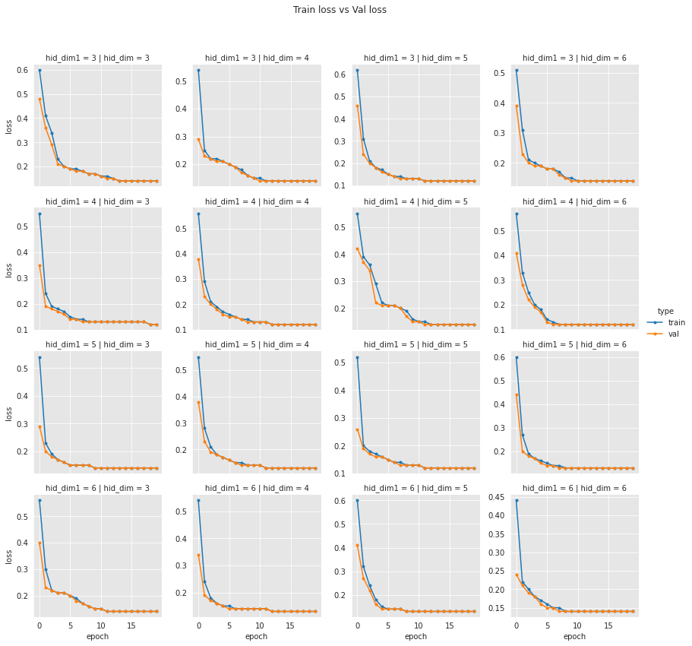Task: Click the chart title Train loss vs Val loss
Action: pyautogui.click(x=340, y=10)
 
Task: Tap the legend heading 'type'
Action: pyautogui.click(x=665, y=311)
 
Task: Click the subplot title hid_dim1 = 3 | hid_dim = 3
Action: pyautogui.click(x=97, y=58)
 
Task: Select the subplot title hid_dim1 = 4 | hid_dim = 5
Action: pyautogui.click(x=416, y=201)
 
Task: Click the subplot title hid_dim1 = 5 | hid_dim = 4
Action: pyautogui.click(x=257, y=345)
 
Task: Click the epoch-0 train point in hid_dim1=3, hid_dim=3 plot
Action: pyautogui.click(x=39, y=70)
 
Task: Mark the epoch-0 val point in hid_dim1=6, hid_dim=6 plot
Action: pyautogui.click(x=517, y=575)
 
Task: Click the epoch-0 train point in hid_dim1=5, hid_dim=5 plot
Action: pyautogui.click(x=357, y=357)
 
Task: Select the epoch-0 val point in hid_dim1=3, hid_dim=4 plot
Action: pyautogui.click(x=198, y=139)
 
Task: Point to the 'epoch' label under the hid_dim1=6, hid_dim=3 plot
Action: pyautogui.click(x=97, y=636)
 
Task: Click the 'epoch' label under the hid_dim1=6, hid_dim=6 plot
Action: pyautogui.click(x=574, y=636)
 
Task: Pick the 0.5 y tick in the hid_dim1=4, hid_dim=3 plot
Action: pyautogui.click(x=24, y=226)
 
